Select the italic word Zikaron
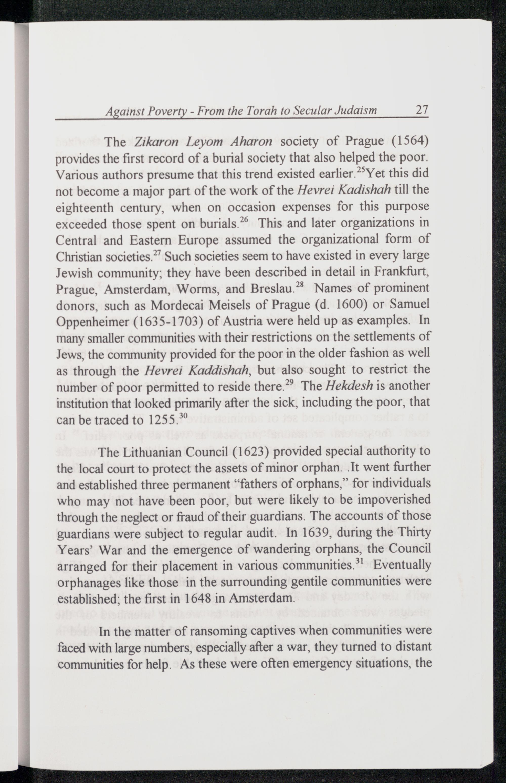pyautogui.click(x=156, y=142)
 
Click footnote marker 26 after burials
pyautogui.click(x=243, y=219)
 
